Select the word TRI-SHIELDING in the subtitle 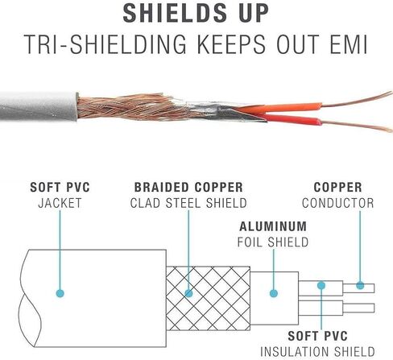tap(105, 44)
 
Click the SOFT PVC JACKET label tap(60, 195)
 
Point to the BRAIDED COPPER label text tap(188, 188)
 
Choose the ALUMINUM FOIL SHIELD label tap(273, 234)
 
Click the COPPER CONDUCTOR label tap(337, 195)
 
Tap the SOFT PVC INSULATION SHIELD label tap(317, 344)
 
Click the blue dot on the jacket tap(60, 293)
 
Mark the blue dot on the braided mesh tap(188, 293)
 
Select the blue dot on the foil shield tap(274, 293)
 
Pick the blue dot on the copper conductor tap(360, 285)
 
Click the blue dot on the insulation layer tap(321, 285)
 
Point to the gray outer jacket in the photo tap(39, 106)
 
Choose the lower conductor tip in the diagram tap(358, 308)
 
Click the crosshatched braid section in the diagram tap(208, 298)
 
